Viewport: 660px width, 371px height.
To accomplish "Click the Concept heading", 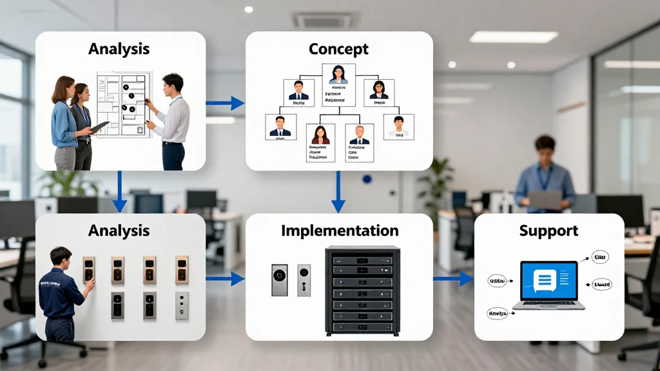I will coord(338,49).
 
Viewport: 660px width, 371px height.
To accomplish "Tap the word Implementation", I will coord(340,230).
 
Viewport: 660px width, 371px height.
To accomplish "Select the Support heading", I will coord(548,230).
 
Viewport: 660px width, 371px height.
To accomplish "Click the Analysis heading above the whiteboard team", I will coord(119,48).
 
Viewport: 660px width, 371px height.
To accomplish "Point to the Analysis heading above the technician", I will coord(119,230).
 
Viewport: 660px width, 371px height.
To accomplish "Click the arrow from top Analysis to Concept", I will coord(225,102).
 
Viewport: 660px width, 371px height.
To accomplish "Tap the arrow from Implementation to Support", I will coord(453,278).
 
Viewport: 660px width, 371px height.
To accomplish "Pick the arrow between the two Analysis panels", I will coord(119,191).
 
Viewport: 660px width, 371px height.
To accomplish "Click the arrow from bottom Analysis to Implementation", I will coord(225,278).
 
